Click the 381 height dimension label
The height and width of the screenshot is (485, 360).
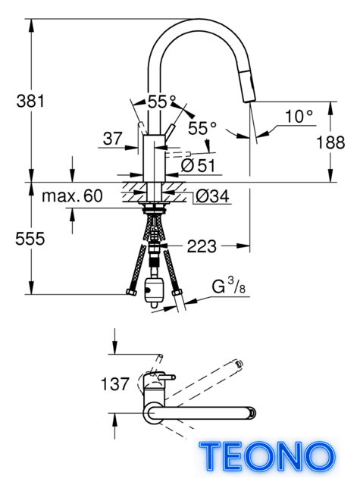[x=30, y=101]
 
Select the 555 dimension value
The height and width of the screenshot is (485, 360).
[x=30, y=239]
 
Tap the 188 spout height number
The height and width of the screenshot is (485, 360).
[x=330, y=142]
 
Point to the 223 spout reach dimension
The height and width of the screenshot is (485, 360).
[x=202, y=246]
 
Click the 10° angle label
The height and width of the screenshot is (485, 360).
[x=299, y=117]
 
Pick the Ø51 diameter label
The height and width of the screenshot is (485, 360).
[x=198, y=166]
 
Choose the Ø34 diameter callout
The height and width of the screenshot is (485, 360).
[x=212, y=196]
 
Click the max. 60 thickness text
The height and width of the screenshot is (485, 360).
[x=72, y=196]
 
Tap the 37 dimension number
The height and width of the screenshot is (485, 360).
[x=113, y=138]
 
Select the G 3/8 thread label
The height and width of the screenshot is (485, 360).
[x=228, y=286]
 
